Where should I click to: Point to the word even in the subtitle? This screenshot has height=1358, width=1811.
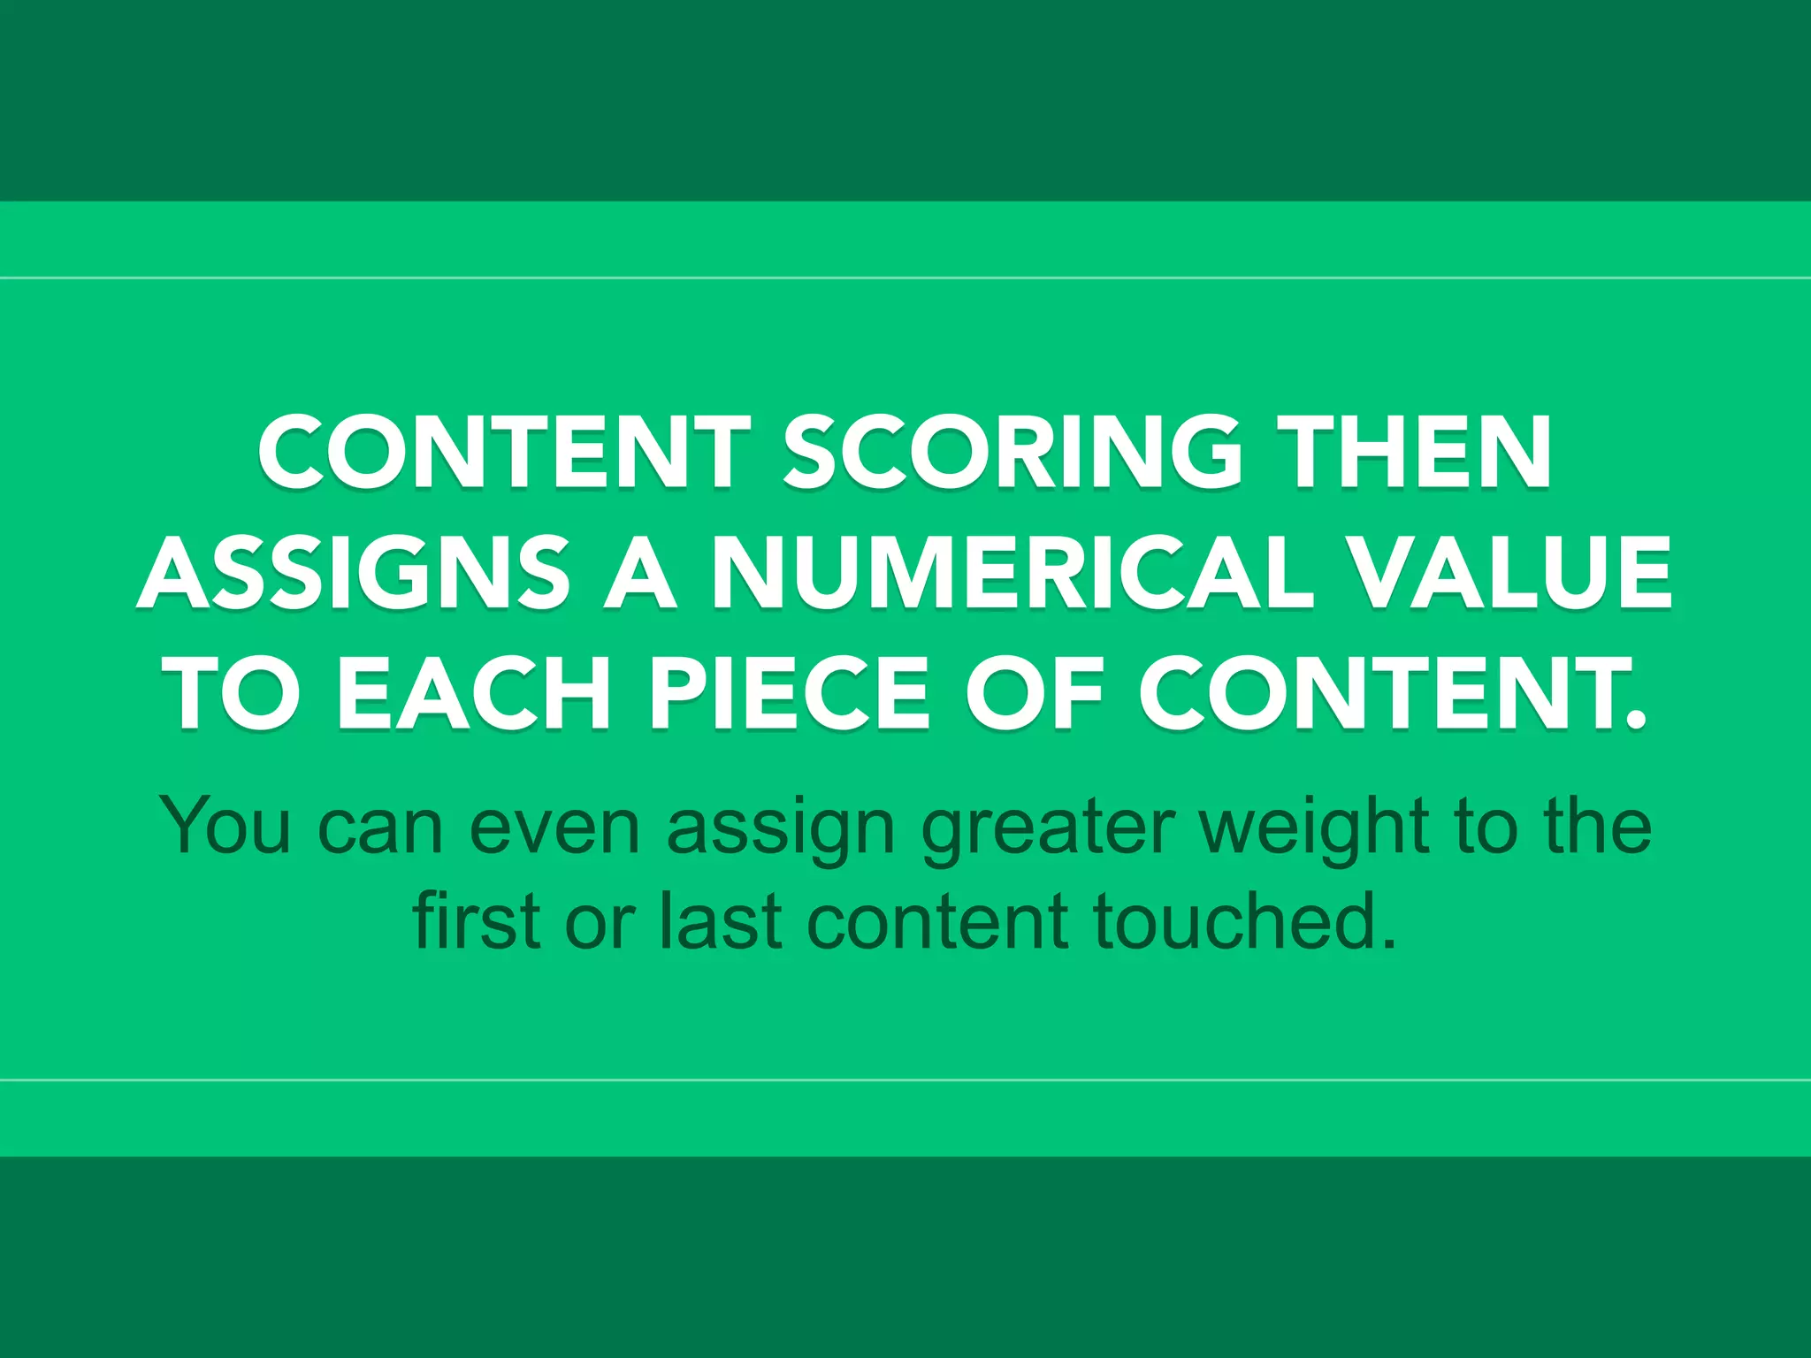pos(554,826)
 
